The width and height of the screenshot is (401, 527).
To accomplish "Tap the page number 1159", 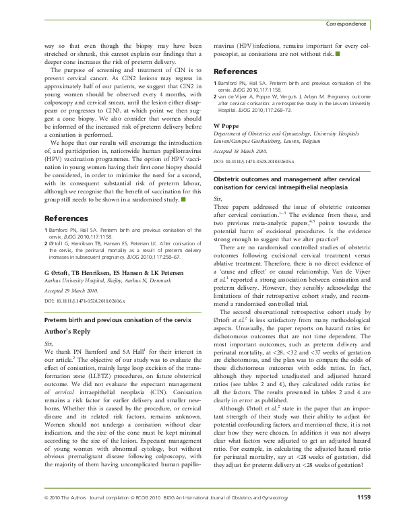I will pos(363,516).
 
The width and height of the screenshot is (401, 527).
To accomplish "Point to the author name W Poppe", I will pos(226,125).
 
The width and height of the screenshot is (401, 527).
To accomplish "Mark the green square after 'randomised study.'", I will pos(184,199).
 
